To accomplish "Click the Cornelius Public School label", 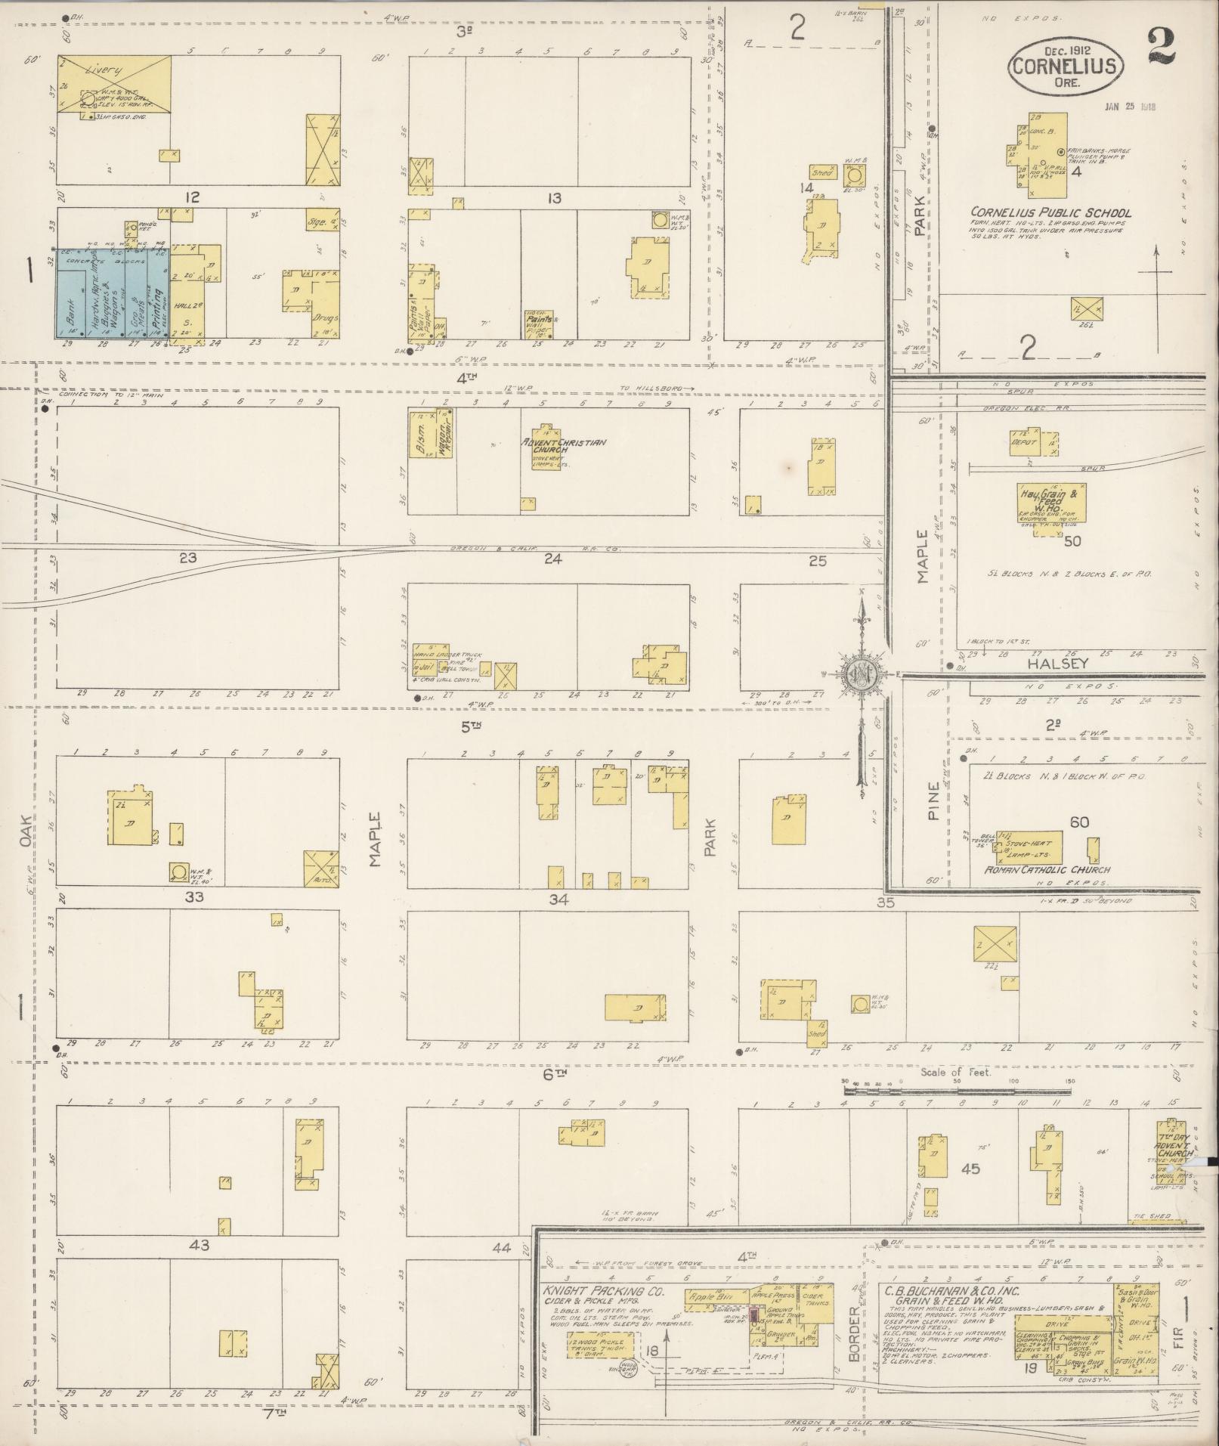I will tap(1050, 212).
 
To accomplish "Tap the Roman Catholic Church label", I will tap(1046, 871).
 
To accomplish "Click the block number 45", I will tap(970, 1169).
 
